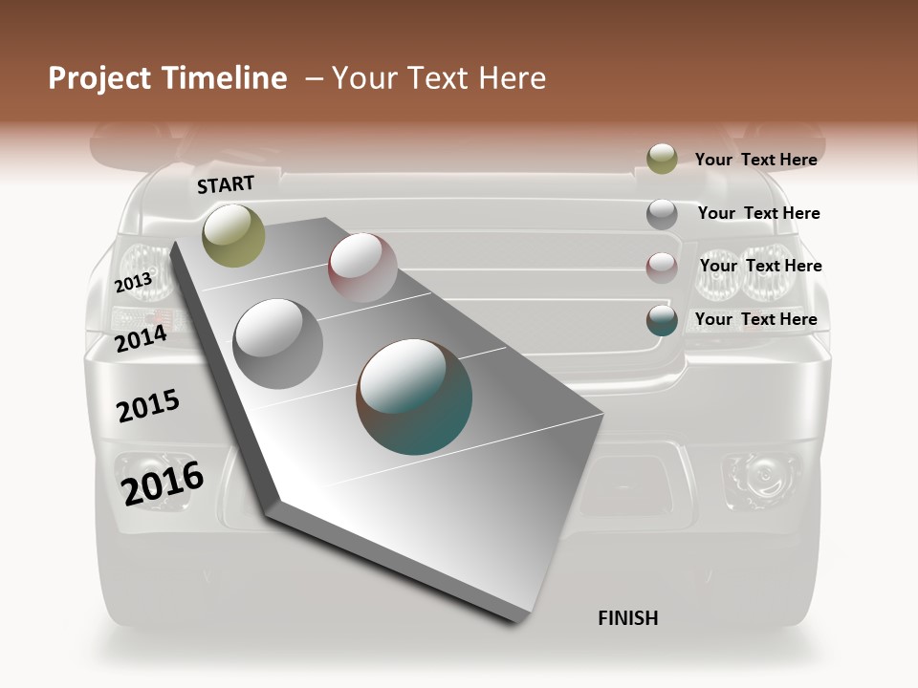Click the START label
(226, 184)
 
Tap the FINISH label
(627, 618)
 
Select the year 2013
(134, 282)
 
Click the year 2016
(163, 483)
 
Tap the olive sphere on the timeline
(234, 235)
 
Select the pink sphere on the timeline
(362, 268)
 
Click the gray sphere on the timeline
(278, 343)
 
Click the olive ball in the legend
(662, 160)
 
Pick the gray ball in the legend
(662, 214)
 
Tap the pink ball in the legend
(662, 267)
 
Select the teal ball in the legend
(662, 320)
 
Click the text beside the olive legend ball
(755, 160)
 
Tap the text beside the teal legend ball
(755, 319)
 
